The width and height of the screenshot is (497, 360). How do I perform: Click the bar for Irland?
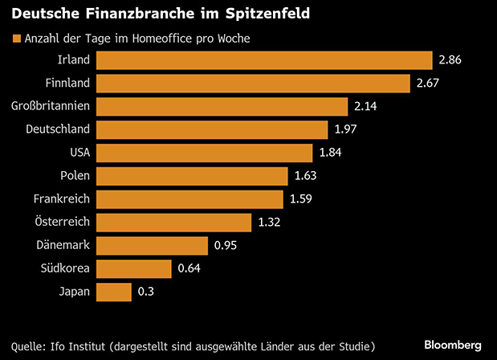[264, 60]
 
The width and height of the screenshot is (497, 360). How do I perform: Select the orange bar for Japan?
[113, 292]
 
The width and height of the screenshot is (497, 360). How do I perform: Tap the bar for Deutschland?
[212, 129]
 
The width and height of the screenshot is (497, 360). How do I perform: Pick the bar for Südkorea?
[134, 268]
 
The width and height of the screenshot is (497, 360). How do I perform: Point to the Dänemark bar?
[152, 245]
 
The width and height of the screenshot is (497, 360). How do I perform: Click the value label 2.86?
[451, 60]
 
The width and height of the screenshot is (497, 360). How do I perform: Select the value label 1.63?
[306, 176]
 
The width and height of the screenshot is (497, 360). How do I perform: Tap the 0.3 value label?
[145, 292]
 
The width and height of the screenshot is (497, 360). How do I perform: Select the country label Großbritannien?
[51, 106]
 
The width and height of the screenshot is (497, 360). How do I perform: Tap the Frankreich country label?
[61, 198]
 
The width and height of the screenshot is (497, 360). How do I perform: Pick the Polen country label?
[74, 175]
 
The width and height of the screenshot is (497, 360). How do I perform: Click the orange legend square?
[14, 39]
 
